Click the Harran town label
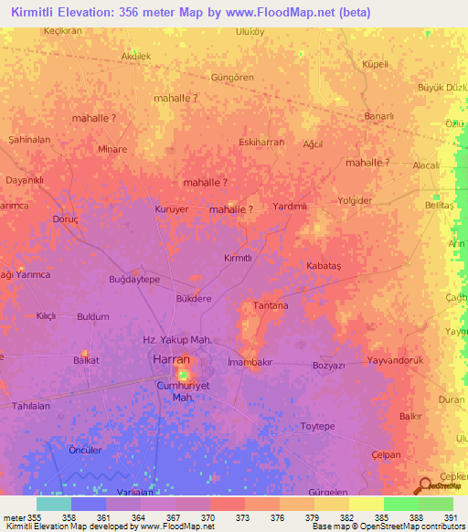click(171, 360)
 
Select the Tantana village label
click(270, 305)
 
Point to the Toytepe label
click(320, 427)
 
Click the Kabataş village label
click(323, 264)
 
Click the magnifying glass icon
click(425, 486)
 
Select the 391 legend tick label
click(451, 516)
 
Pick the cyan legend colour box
click(54, 504)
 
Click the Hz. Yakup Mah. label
click(178, 340)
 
